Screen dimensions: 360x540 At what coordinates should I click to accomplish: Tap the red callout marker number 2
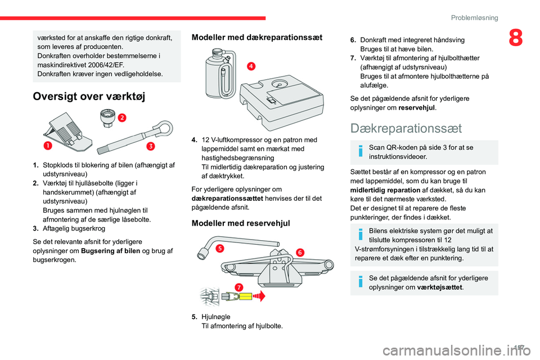tap(121, 117)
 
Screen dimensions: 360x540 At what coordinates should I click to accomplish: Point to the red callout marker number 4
tap(250, 66)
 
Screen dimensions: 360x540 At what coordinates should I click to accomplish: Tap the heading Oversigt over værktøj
tap(89, 96)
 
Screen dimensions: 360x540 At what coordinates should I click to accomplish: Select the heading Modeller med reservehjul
tap(241, 223)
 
